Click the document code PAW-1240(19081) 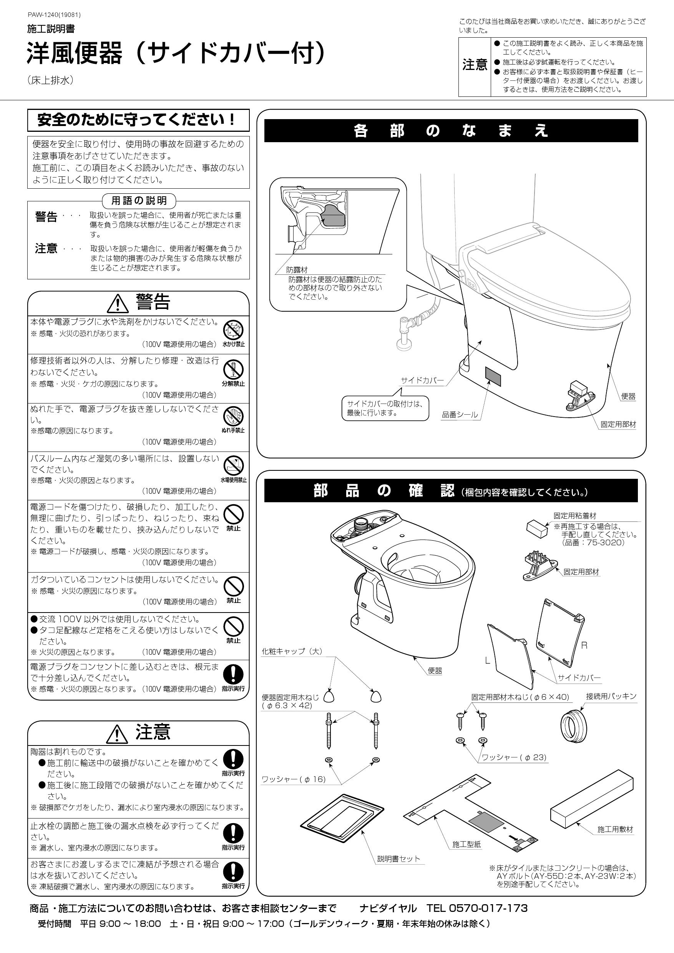54,15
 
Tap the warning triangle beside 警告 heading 118,304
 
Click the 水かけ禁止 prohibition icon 233,331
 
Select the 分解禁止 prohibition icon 233,369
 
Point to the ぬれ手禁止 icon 233,416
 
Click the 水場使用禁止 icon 233,465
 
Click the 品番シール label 460,415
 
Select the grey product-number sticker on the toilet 493,375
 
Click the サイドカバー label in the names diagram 422,380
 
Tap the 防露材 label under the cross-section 297,270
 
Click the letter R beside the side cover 584,646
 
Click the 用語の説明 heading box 139,201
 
